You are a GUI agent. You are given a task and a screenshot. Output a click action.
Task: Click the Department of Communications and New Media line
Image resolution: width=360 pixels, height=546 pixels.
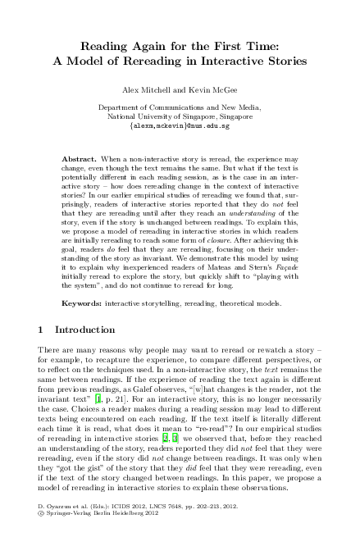(180, 107)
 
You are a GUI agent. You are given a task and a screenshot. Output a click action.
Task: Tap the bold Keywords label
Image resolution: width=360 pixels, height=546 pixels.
(83, 303)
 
